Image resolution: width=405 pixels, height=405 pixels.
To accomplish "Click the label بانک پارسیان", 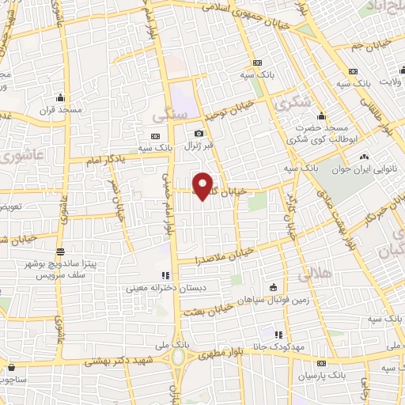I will tap(326, 373).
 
